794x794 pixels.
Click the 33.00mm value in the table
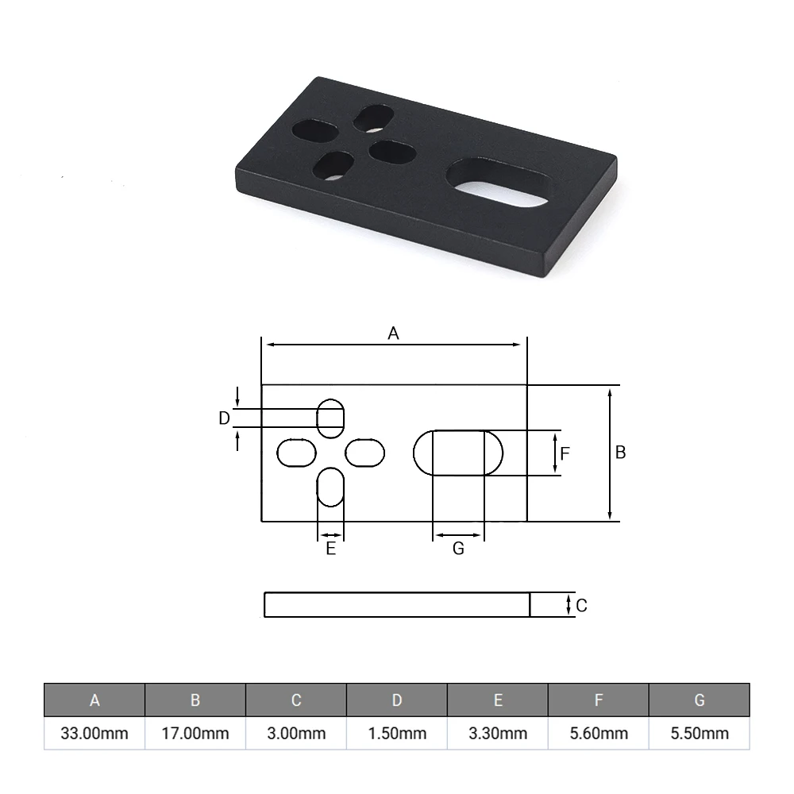click(x=94, y=733)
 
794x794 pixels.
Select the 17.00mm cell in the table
click(x=195, y=733)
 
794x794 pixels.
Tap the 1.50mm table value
click(x=397, y=733)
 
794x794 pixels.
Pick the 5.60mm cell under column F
click(x=599, y=733)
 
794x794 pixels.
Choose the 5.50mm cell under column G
click(x=699, y=733)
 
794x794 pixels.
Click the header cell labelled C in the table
click(x=296, y=700)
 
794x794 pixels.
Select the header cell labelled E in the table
click(x=498, y=700)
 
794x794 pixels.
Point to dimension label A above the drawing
click(x=393, y=333)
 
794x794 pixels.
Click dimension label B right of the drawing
click(x=621, y=452)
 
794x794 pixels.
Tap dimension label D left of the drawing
click(x=224, y=418)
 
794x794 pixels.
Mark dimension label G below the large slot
click(x=458, y=549)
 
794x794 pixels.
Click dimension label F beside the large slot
click(x=565, y=454)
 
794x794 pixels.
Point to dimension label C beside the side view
click(x=581, y=606)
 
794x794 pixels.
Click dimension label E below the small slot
click(x=331, y=549)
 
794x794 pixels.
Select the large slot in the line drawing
click(x=458, y=453)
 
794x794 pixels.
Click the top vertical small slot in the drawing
click(x=331, y=418)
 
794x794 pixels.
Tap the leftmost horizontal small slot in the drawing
click(x=296, y=453)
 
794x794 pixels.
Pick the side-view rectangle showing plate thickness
click(x=397, y=605)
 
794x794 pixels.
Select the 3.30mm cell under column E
click(x=498, y=733)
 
